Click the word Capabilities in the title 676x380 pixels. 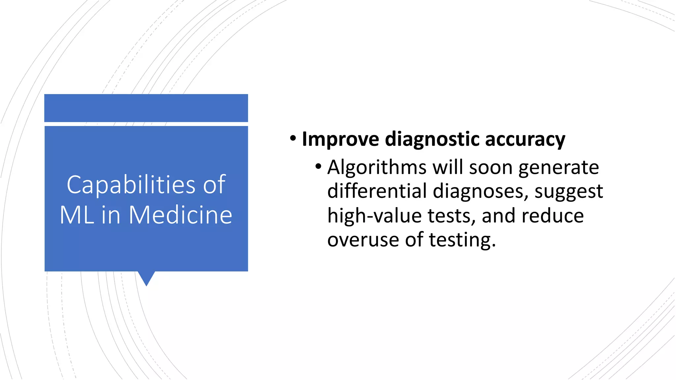tap(131, 185)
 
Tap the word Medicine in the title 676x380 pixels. tap(181, 215)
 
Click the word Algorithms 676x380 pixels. tap(377, 168)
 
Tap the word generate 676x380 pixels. tap(558, 168)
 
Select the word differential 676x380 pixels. tap(377, 191)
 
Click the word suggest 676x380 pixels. tap(569, 192)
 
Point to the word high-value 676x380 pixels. tap(374, 216)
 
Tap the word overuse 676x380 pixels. tap(363, 239)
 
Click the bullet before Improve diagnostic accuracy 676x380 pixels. tap(293, 139)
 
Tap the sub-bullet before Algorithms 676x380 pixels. tap(318, 166)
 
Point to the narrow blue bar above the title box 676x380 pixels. tap(146, 108)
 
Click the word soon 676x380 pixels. tap(490, 168)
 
